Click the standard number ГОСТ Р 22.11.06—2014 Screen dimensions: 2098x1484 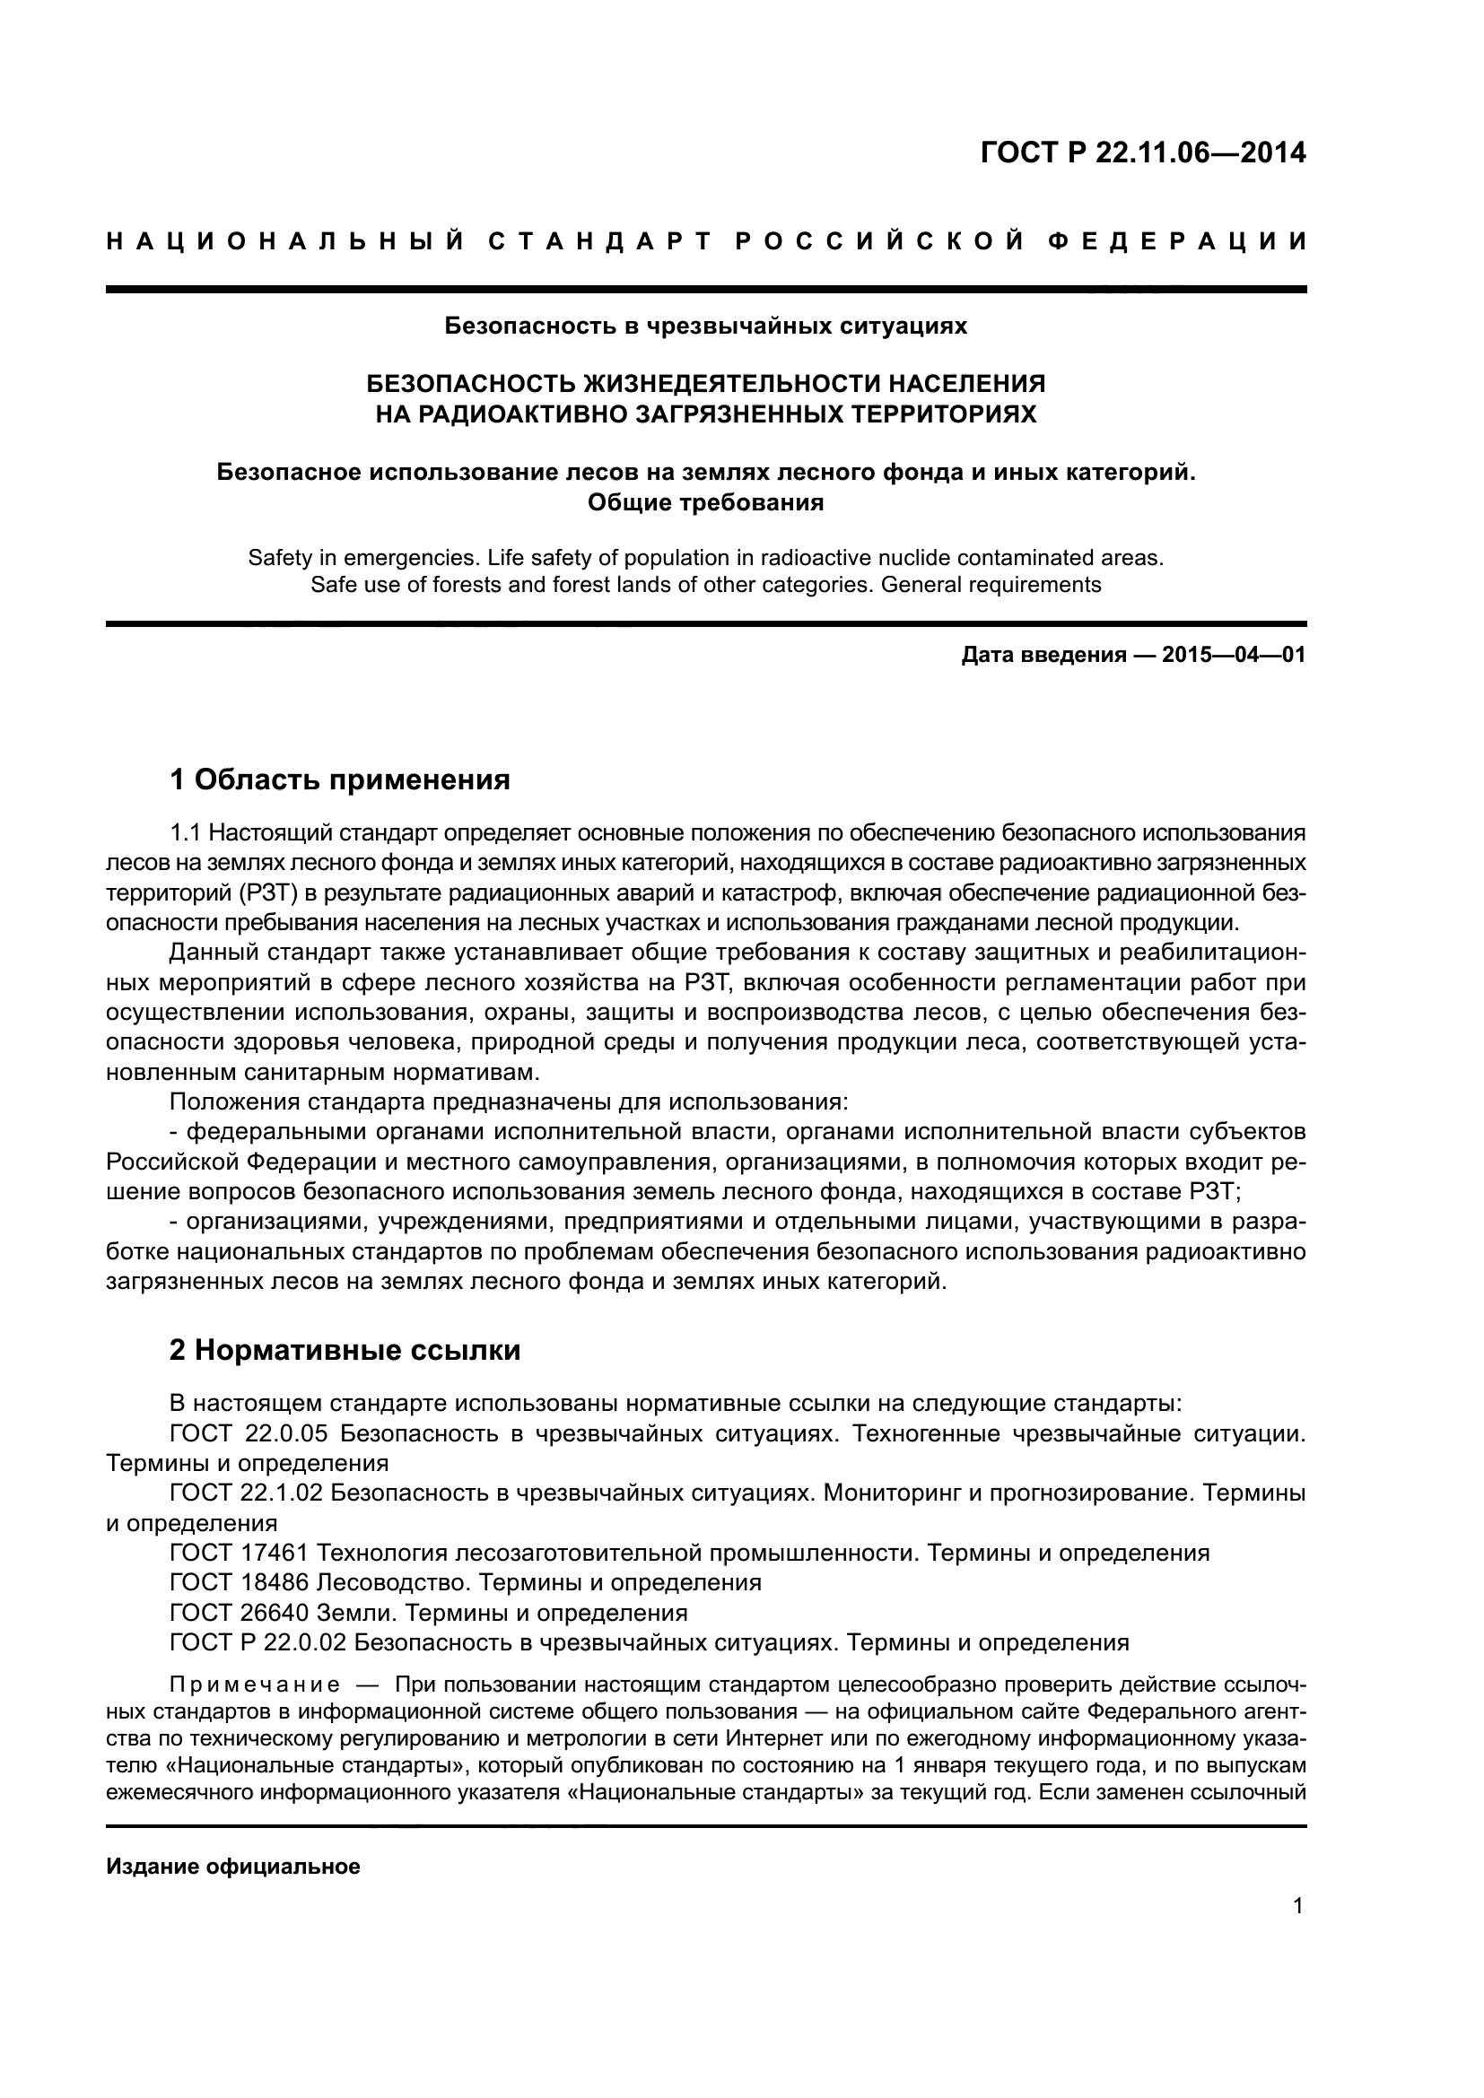click(x=1142, y=152)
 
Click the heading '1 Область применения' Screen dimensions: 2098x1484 click(x=339, y=779)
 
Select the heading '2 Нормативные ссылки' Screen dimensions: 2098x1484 click(x=345, y=1350)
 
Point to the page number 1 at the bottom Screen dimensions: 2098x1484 click(x=1298, y=1905)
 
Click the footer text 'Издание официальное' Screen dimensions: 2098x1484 click(x=233, y=1841)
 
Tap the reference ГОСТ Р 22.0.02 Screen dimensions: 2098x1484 click(x=258, y=1642)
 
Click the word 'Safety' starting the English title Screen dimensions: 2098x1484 click(x=278, y=557)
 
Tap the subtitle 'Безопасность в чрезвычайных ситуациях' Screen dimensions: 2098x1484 click(x=705, y=326)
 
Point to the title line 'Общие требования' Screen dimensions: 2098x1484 click(x=705, y=502)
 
